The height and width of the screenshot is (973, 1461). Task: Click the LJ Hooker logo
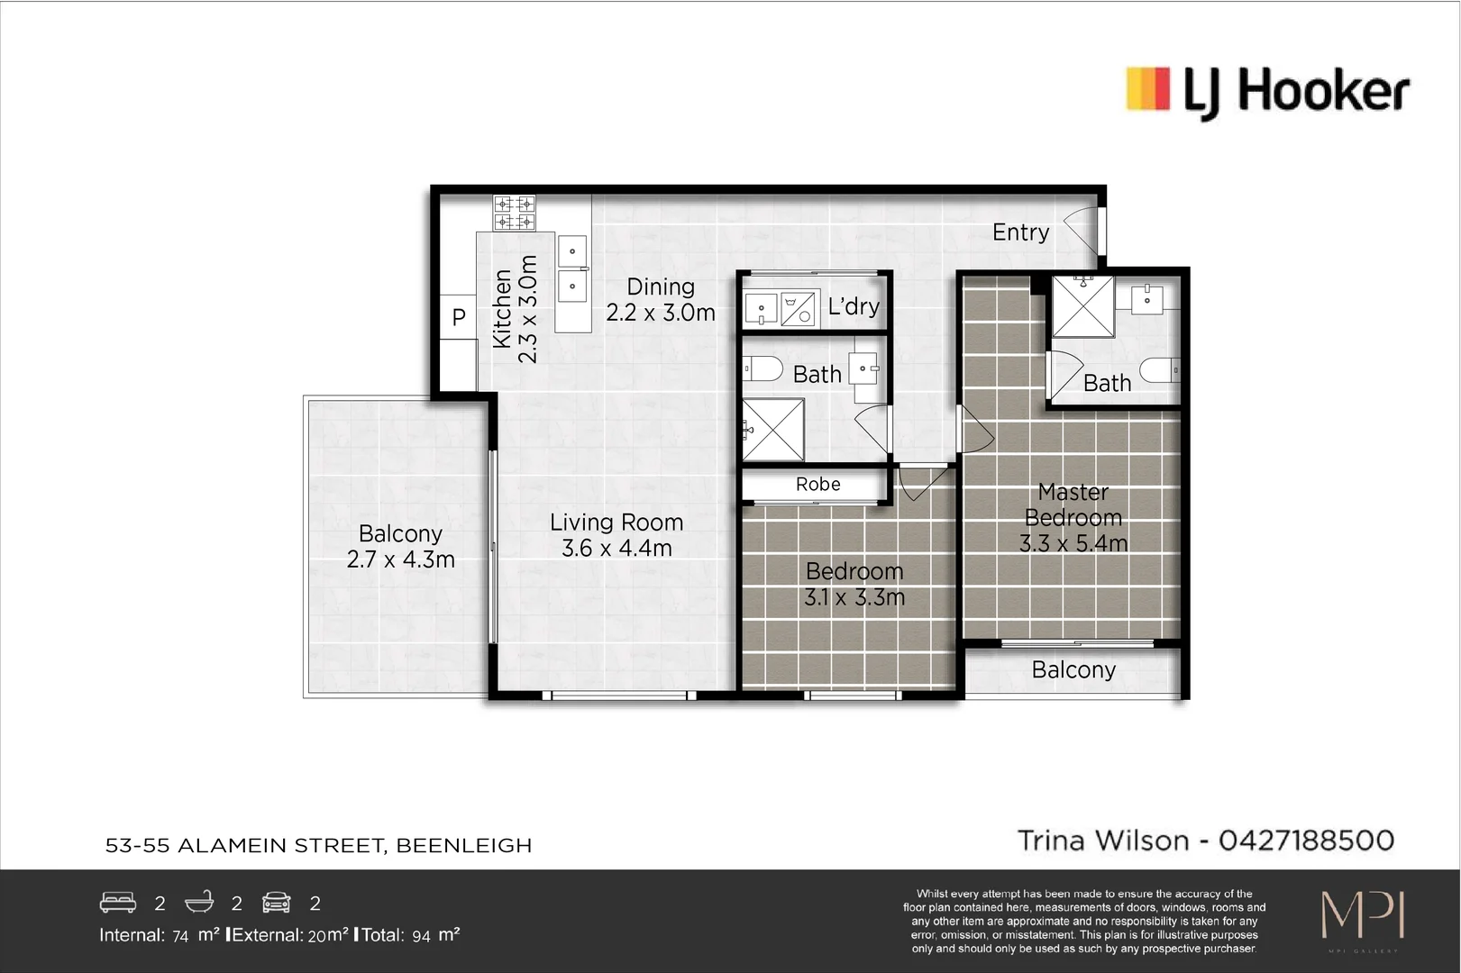pos(1266,91)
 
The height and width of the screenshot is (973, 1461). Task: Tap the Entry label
pos(1020,232)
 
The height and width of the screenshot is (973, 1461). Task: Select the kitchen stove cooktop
pos(514,213)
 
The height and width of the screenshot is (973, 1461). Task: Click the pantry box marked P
pos(458,317)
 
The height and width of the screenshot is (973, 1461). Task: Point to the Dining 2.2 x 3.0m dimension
pos(660,313)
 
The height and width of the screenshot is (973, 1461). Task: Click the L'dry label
pos(853,306)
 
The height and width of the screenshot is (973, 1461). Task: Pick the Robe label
pos(817,485)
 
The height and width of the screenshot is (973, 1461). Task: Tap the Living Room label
pos(616,523)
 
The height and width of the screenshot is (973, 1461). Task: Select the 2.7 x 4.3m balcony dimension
pos(400,559)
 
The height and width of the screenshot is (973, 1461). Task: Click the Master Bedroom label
pos(1073,505)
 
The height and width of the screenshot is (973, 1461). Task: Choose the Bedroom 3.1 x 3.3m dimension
pos(854,597)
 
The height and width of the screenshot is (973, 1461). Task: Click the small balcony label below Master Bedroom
pos(1073,670)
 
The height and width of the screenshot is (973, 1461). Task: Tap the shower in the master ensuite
pos(1083,306)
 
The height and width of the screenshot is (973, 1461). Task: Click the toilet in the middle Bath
pos(763,368)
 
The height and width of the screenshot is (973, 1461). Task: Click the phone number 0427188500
pos(1306,841)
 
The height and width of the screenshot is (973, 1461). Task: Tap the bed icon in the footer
pos(118,903)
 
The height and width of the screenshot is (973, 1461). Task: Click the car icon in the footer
pos(277,903)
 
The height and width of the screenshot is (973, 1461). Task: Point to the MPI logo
pos(1362,916)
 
